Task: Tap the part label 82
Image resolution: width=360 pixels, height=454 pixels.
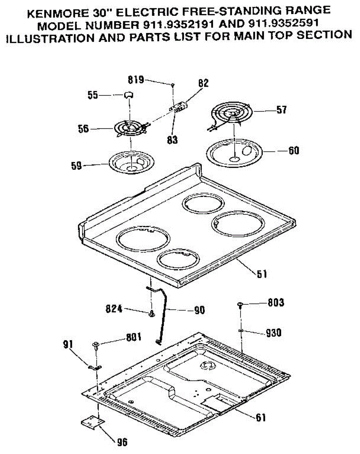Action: tap(204, 83)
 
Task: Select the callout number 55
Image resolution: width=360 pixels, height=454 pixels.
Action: tap(93, 95)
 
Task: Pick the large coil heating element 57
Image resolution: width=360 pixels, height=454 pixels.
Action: tap(229, 114)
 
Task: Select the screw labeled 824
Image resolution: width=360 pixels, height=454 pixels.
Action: tap(152, 313)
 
